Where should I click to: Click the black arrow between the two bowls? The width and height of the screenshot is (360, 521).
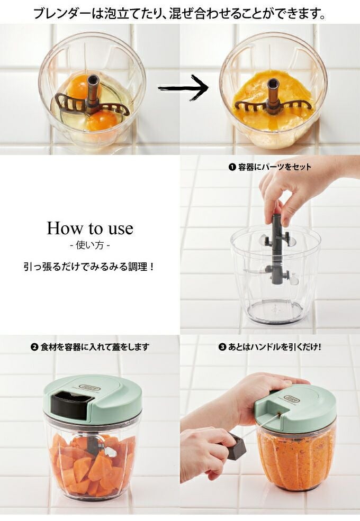tap(183, 88)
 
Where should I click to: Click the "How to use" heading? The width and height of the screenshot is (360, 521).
tap(90, 228)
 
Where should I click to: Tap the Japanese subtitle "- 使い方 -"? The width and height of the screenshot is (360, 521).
tap(90, 245)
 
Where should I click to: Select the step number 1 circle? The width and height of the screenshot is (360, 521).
tap(232, 167)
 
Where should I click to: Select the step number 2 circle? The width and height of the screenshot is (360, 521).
tap(34, 347)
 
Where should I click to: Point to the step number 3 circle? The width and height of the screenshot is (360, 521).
tap(222, 347)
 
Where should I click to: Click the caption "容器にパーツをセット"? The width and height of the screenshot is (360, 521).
tap(274, 167)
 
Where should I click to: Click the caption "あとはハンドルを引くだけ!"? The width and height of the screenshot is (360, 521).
tap(274, 347)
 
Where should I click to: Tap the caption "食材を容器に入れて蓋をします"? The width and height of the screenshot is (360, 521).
tap(95, 347)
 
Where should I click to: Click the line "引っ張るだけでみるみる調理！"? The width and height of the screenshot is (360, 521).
tap(89, 267)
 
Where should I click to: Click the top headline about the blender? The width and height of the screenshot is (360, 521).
tap(179, 13)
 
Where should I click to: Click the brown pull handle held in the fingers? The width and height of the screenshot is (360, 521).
tap(237, 446)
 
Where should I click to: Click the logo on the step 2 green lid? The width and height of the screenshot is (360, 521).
tap(89, 387)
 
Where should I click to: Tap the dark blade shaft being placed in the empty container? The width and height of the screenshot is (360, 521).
tap(277, 249)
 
